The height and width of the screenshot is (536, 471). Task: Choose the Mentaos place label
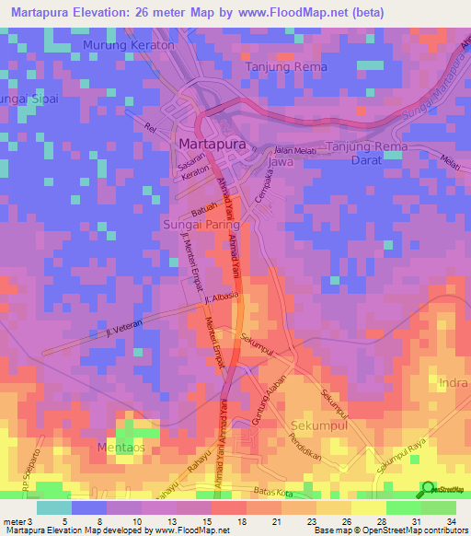click(x=121, y=448)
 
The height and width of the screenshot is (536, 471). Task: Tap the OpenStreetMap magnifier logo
click(x=427, y=489)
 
